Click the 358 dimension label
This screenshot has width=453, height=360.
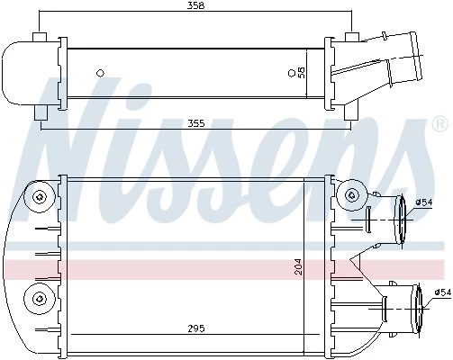tap(195, 5)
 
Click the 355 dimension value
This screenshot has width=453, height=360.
tap(195, 123)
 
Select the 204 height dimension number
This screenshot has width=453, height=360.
tap(299, 266)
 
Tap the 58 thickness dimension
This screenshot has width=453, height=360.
tap(301, 73)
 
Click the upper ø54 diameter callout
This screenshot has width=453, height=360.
tap(424, 202)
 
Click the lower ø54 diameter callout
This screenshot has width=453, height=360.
tap(442, 292)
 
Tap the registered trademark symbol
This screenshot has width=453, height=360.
tap(439, 125)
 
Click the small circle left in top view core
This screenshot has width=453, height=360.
tap(100, 73)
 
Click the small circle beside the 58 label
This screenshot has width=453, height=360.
tap(291, 73)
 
